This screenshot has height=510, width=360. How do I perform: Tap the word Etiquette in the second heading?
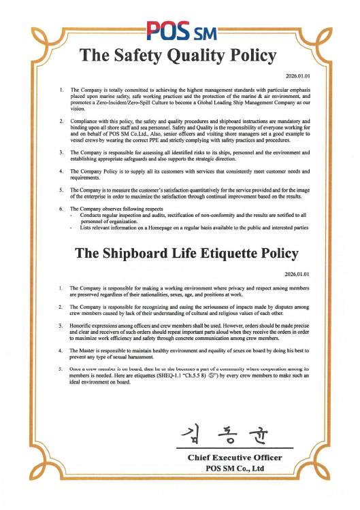coord(220,254)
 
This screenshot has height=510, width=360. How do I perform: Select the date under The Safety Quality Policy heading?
coord(299,77)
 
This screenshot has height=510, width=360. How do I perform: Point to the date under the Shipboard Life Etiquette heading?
coord(299,275)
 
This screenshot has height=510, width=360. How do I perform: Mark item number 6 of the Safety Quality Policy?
coord(61,209)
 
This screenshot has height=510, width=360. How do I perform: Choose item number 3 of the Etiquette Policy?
coord(61,326)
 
